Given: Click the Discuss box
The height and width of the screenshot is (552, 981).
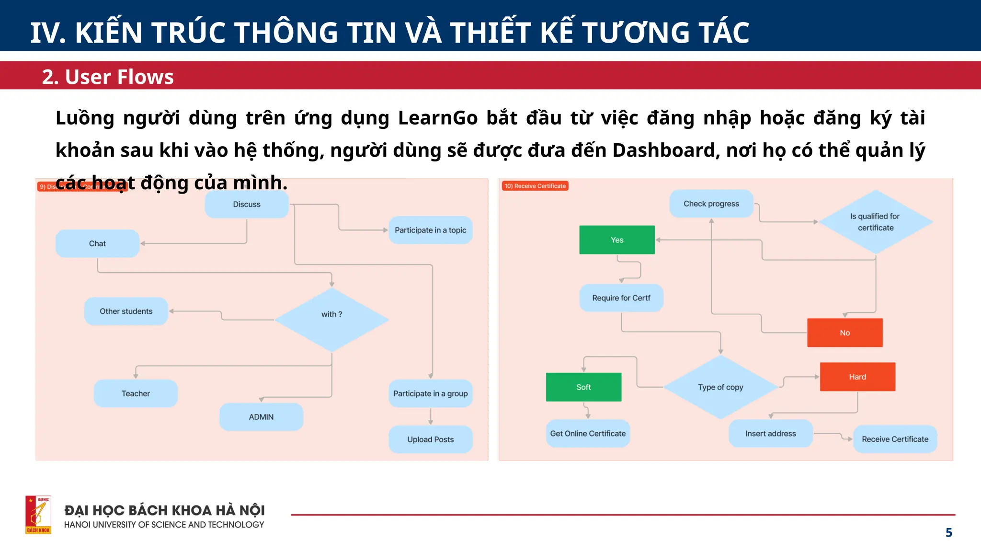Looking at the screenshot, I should pyautogui.click(x=247, y=205).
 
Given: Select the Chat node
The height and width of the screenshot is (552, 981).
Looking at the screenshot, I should pyautogui.click(x=97, y=243).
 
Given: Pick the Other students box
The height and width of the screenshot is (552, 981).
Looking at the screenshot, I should pyautogui.click(x=126, y=311).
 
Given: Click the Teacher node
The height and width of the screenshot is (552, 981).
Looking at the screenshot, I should pyautogui.click(x=136, y=393).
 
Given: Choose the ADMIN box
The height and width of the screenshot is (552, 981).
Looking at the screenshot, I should pyautogui.click(x=261, y=417).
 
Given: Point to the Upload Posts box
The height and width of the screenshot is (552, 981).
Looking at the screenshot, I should pyautogui.click(x=430, y=439).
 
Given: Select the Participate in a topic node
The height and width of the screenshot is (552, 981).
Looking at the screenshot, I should pyautogui.click(x=430, y=230).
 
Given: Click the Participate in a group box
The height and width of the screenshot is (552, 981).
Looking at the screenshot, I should pyautogui.click(x=430, y=393).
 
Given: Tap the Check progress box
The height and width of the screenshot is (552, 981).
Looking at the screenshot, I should pyautogui.click(x=711, y=204).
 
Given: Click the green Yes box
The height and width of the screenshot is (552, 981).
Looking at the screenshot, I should pyautogui.click(x=617, y=240).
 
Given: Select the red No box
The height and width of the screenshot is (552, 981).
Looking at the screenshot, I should pyautogui.click(x=844, y=333).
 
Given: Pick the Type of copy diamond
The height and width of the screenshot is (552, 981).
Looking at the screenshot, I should pyautogui.click(x=720, y=387).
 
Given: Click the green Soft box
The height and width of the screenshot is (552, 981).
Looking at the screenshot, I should pyautogui.click(x=583, y=387).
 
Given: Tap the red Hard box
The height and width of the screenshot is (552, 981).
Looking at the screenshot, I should pyautogui.click(x=857, y=377).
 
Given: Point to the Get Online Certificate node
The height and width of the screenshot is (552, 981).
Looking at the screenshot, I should pyautogui.click(x=588, y=434).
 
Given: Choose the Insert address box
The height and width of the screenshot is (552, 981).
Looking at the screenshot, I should pyautogui.click(x=770, y=434).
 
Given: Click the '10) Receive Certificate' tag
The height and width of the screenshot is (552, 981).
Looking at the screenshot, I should pyautogui.click(x=535, y=186).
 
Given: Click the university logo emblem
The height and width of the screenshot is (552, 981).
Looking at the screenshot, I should pyautogui.click(x=38, y=515).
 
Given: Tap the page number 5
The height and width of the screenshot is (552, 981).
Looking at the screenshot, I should pyautogui.click(x=948, y=532).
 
